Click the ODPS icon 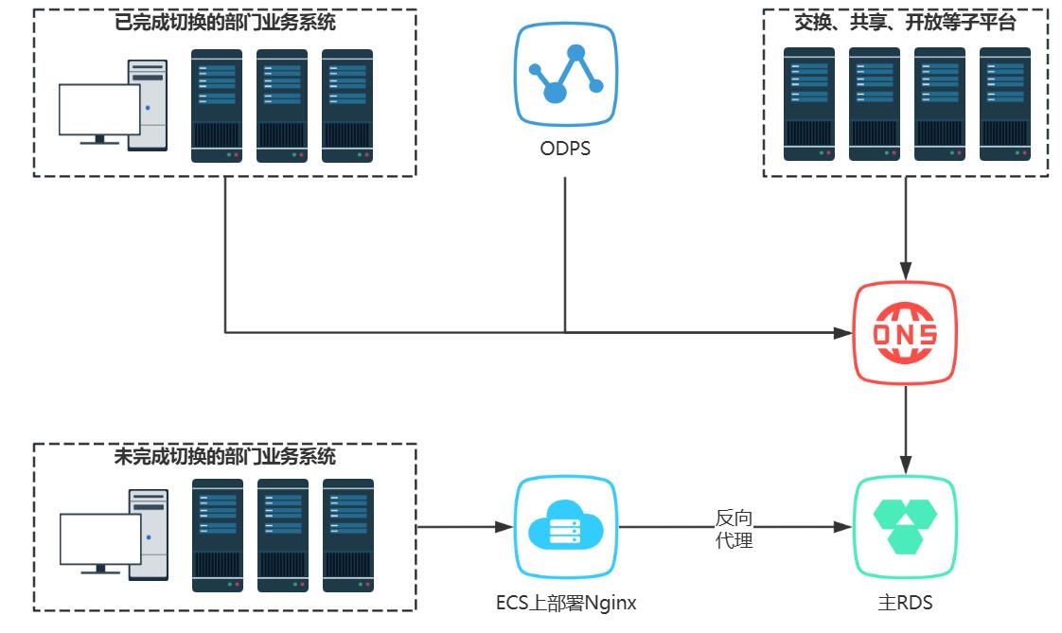(565, 75)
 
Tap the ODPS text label (565, 149)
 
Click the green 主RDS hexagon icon (906, 527)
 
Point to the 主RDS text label (906, 602)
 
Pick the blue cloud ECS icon (565, 527)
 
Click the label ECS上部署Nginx (565, 602)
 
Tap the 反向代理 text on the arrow (734, 530)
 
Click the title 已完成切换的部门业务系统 (224, 23)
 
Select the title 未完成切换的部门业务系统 (224, 456)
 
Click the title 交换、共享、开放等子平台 (905, 23)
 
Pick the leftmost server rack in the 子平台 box (808, 104)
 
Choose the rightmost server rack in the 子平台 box (1004, 104)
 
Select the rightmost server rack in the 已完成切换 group (346, 106)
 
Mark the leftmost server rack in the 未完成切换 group (217, 536)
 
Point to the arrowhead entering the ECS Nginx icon (504, 527)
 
